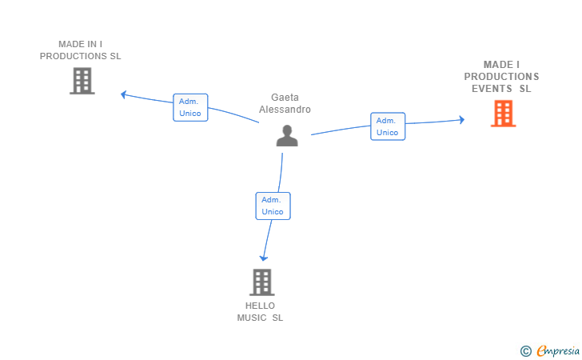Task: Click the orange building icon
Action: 504,114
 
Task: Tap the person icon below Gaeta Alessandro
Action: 287,136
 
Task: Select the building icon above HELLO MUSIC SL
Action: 262,282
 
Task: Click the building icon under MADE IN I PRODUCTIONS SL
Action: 82,81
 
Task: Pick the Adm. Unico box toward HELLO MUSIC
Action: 273,206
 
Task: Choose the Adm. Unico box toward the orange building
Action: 388,126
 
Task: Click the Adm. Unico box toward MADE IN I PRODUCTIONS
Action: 190,107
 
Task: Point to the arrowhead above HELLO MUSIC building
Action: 264,258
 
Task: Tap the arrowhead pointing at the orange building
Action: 462,120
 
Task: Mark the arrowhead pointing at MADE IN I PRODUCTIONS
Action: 124,94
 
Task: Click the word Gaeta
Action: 285,98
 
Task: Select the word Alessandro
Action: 285,110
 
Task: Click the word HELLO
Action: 260,306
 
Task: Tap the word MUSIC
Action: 252,318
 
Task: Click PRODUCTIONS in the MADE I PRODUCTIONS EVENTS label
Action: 501,77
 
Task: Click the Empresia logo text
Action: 558,350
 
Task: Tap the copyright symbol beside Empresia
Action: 525,351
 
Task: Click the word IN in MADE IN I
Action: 92,44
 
